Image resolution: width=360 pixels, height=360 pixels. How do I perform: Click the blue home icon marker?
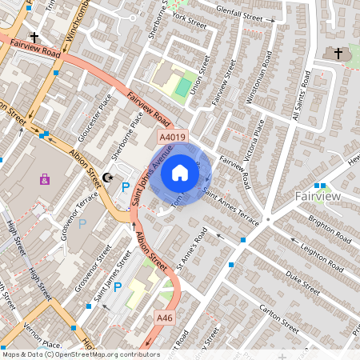coord(180,172)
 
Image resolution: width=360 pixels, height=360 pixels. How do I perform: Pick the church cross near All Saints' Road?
coord(337,54)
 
